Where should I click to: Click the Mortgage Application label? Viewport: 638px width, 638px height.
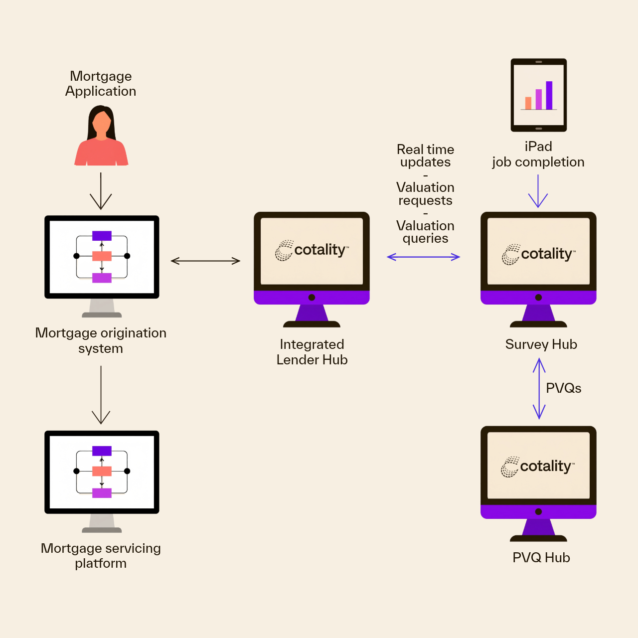pos(101,84)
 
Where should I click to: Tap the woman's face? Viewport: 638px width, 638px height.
pos(102,122)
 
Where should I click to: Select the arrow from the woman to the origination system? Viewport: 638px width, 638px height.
pos(101,191)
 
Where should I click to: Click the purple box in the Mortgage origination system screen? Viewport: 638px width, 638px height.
pos(102,236)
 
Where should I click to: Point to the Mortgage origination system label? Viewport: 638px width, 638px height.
pos(101,340)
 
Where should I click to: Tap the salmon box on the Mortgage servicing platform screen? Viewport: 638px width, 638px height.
pos(102,471)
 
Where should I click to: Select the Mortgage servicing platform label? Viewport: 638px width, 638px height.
pos(101,555)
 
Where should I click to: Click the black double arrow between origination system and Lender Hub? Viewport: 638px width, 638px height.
pos(205,261)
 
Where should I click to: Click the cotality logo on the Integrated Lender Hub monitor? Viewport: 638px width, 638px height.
pos(312,250)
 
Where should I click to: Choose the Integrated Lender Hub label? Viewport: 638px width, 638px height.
pos(312,352)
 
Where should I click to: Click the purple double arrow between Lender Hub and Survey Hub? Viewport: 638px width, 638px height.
pos(423,257)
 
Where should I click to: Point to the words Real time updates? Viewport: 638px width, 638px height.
pos(425,156)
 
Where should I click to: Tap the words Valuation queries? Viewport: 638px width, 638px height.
pos(425,232)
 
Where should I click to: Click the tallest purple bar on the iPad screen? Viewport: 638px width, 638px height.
pos(549,95)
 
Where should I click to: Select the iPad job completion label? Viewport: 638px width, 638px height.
pos(538,155)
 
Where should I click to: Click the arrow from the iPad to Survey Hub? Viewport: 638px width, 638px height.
pos(538,191)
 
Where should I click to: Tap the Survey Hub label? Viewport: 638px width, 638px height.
pos(541,344)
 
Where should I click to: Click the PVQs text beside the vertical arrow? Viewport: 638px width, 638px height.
pos(563,388)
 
